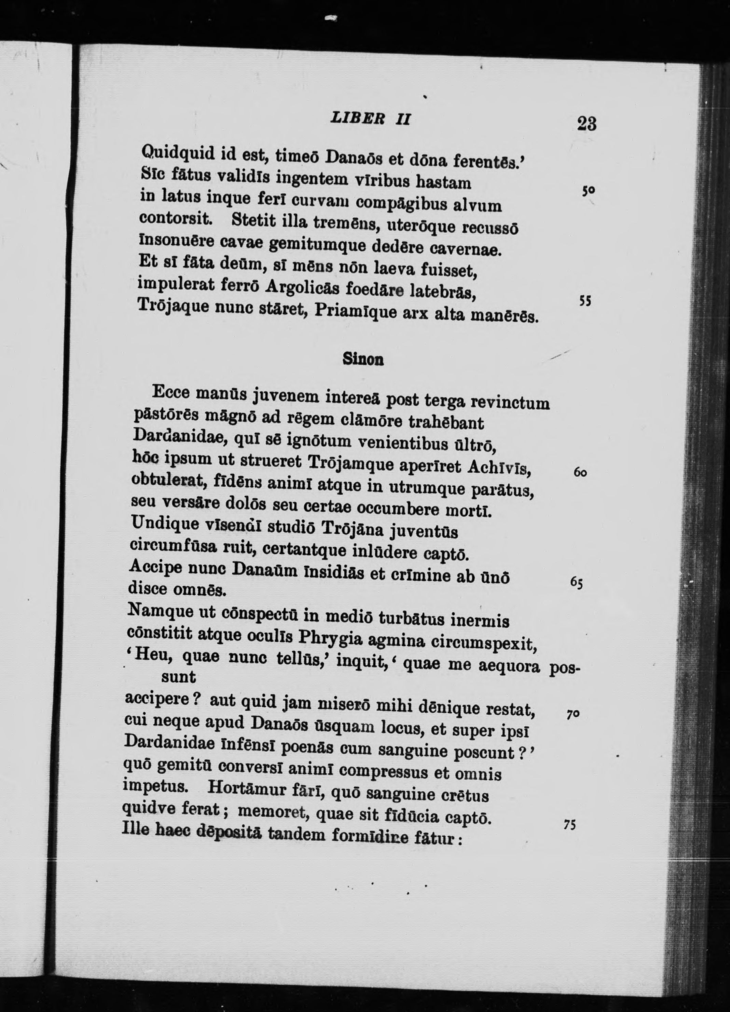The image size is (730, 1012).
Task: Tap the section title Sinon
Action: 363,359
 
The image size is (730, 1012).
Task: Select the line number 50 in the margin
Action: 588,190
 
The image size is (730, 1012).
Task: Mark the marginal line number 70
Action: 573,714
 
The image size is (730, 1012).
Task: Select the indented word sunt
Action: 178,677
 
